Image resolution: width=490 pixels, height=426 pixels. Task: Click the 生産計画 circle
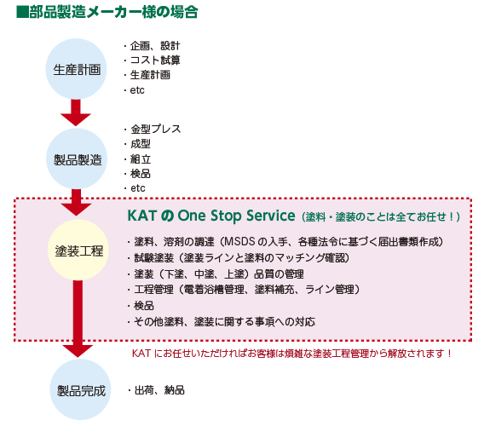click(76, 69)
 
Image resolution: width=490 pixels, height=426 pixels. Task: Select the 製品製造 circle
click(77, 159)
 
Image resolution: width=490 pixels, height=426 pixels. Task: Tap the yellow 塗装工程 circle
click(78, 250)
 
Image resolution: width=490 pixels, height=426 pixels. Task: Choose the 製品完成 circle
click(81, 389)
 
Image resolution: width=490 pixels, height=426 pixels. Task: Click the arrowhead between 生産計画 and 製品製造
click(76, 119)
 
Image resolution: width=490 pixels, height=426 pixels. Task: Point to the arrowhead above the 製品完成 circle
click(78, 351)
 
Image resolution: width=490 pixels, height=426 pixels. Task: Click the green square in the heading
click(22, 12)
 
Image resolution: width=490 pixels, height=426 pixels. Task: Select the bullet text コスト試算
click(155, 60)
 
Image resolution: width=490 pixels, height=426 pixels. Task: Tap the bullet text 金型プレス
click(156, 129)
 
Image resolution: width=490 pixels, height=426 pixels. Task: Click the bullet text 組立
click(141, 159)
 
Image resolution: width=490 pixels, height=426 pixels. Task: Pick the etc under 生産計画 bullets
click(137, 90)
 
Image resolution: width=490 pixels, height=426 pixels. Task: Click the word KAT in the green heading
click(141, 216)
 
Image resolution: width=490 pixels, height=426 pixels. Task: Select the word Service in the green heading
click(271, 216)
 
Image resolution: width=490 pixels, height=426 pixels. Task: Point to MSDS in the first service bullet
click(240, 242)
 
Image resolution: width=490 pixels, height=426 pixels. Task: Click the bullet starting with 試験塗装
click(241, 258)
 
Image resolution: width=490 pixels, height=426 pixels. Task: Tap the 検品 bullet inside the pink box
click(144, 305)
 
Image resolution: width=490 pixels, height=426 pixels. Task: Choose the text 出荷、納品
click(159, 390)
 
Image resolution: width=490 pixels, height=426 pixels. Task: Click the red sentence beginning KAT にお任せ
click(292, 354)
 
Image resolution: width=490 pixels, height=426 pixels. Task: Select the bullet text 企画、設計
click(155, 46)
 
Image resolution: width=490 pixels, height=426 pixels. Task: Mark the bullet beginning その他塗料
click(224, 321)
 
